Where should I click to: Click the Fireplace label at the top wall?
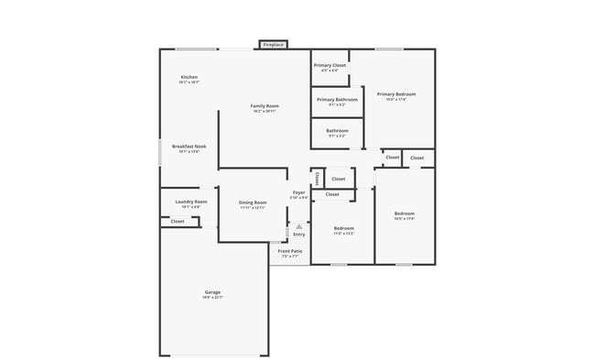[273, 44]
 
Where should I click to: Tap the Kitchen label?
[189, 77]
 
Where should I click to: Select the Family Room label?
[265, 106]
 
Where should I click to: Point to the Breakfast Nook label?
[189, 147]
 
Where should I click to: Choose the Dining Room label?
[253, 202]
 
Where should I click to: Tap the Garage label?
[212, 292]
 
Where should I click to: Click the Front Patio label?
[290, 251]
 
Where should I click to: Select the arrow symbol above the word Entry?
[298, 225]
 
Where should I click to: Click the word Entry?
[298, 235]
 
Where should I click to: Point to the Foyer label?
[298, 192]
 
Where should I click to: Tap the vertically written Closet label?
[317, 179]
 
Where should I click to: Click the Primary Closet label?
[330, 66]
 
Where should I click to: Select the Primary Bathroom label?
[337, 99]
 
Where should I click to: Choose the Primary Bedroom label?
[396, 93]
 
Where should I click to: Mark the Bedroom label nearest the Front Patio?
[343, 228]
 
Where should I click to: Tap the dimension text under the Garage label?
[212, 298]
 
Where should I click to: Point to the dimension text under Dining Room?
[253, 208]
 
